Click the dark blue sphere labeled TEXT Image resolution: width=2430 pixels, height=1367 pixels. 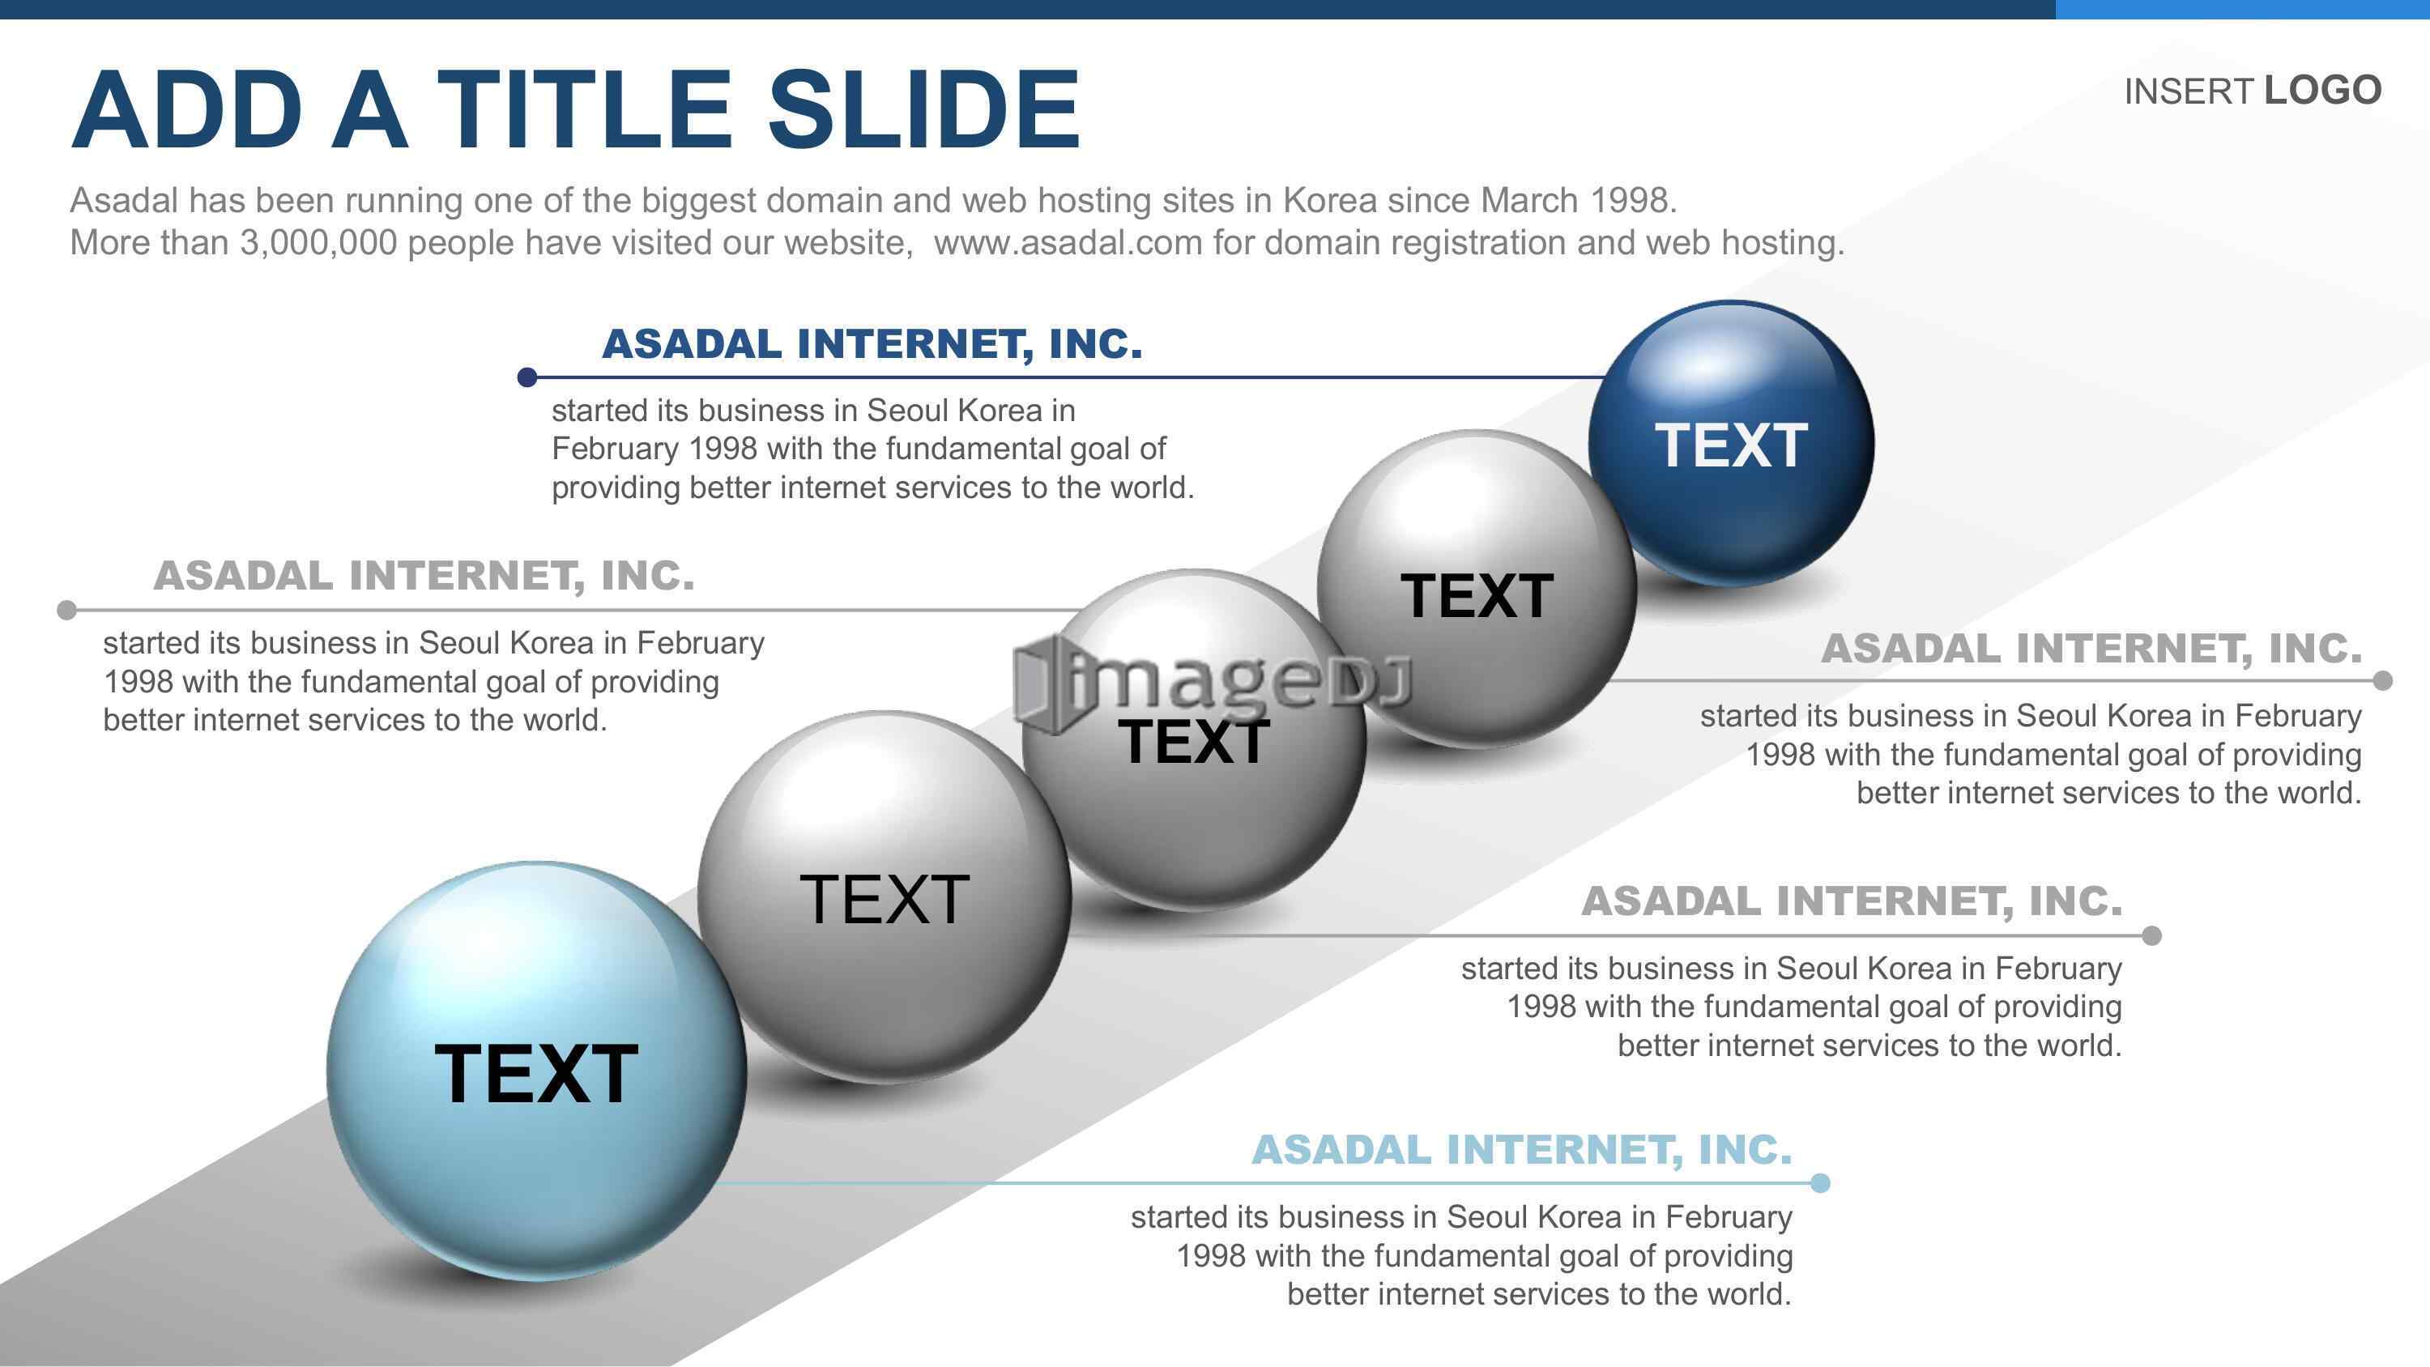pyautogui.click(x=1731, y=444)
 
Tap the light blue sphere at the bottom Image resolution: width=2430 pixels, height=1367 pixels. pyautogui.click(x=537, y=1070)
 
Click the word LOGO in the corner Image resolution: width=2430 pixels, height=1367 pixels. pyautogui.click(x=2322, y=91)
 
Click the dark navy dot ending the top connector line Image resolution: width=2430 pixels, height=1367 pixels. pyautogui.click(x=527, y=377)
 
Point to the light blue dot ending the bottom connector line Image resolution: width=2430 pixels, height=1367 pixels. pyautogui.click(x=1821, y=1183)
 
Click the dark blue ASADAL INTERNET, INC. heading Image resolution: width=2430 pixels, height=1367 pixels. pyautogui.click(x=872, y=343)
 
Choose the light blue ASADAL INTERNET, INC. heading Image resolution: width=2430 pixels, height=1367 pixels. pyautogui.click(x=1521, y=1149)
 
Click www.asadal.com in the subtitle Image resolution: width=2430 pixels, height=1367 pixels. pyautogui.click(x=1068, y=242)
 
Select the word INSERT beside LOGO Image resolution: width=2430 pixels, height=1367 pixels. pyautogui.click(x=2189, y=92)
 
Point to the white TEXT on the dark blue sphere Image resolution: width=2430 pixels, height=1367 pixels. pyautogui.click(x=1731, y=445)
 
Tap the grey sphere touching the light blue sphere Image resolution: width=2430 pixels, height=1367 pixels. pyautogui.click(x=884, y=896)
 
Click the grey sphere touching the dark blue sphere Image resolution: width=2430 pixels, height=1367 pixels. pyautogui.click(x=1477, y=589)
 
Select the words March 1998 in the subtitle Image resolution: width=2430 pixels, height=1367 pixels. pyautogui.click(x=1578, y=200)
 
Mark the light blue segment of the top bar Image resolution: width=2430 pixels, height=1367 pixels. pyautogui.click(x=2242, y=10)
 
